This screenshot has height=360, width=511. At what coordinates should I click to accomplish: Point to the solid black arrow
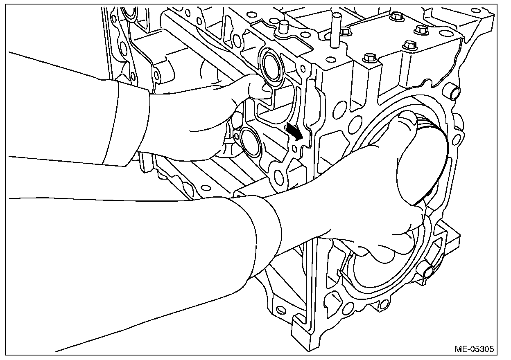294,131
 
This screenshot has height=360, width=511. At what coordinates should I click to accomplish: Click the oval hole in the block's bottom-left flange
279,309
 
